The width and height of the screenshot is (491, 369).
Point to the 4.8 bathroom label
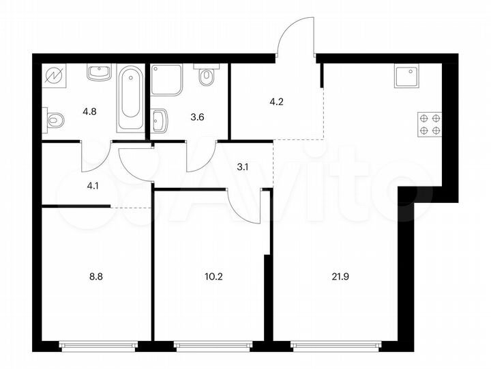click(90, 108)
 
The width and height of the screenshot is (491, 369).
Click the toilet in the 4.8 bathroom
click(55, 121)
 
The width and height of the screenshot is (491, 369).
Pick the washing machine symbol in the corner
click(52, 75)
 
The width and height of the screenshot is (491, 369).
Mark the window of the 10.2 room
click(213, 346)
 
